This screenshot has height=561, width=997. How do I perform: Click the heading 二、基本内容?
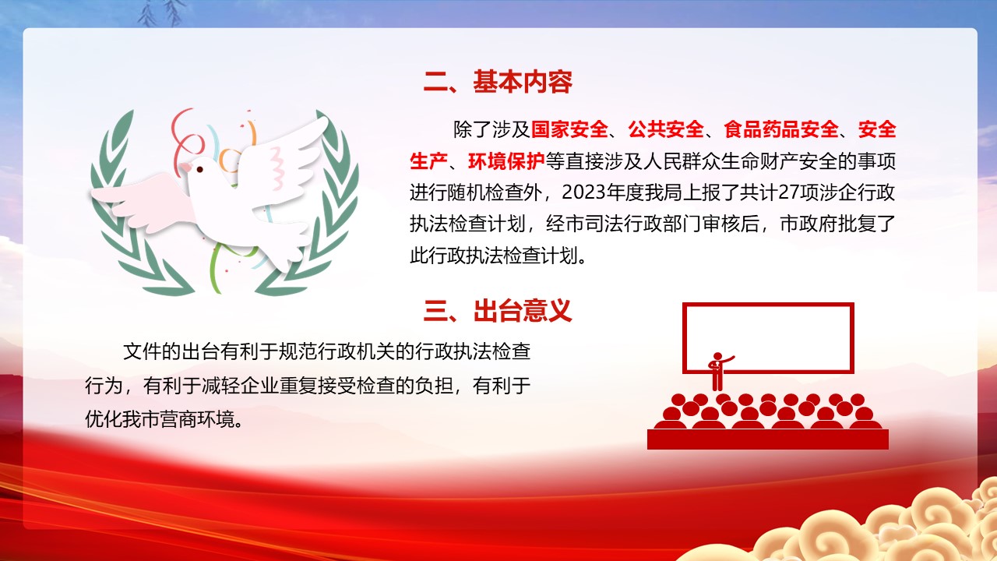pyautogui.click(x=498, y=82)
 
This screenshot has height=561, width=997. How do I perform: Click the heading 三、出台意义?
pyautogui.click(x=498, y=311)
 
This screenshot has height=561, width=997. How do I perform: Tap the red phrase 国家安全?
pyautogui.click(x=569, y=129)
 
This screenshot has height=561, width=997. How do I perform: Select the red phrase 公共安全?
pyautogui.click(x=666, y=129)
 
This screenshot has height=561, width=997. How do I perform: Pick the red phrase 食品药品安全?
pyautogui.click(x=781, y=129)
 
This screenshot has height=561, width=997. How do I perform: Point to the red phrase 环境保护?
pyautogui.click(x=506, y=161)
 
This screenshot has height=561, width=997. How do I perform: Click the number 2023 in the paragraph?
pyautogui.click(x=583, y=192)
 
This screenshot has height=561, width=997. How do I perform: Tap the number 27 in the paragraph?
pyautogui.click(x=789, y=192)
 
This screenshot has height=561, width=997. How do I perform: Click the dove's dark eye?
pyautogui.click(x=200, y=169)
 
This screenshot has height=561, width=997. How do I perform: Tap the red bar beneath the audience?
pyautogui.click(x=768, y=439)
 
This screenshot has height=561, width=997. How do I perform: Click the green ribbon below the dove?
pyautogui.click(x=217, y=268)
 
